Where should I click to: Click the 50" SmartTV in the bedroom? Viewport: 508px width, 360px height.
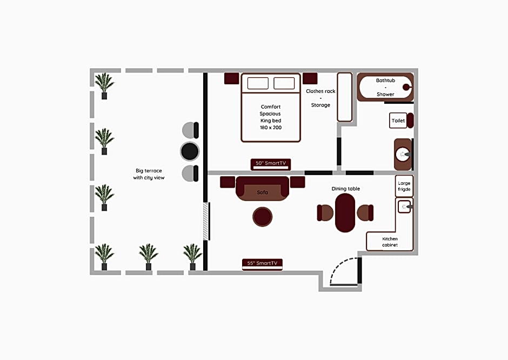click(x=271, y=164)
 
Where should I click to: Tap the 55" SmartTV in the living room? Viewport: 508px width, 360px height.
click(x=262, y=264)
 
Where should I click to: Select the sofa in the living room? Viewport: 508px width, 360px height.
click(x=262, y=189)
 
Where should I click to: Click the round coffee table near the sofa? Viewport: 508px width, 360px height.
click(x=263, y=217)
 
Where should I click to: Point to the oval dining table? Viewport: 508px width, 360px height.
click(x=345, y=213)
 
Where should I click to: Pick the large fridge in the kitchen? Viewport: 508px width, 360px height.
click(x=404, y=186)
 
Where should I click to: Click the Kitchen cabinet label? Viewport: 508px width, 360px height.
click(x=390, y=242)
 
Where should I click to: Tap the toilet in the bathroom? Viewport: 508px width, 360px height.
click(x=401, y=121)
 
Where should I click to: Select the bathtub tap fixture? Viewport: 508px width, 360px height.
click(x=407, y=87)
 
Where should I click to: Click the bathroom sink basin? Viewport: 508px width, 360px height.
click(x=403, y=155)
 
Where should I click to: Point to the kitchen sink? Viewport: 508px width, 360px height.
click(x=404, y=206)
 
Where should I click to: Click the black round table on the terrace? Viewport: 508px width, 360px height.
click(x=190, y=151)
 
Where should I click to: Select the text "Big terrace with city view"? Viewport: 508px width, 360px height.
click(x=149, y=174)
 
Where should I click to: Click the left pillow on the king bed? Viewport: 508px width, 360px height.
click(x=258, y=83)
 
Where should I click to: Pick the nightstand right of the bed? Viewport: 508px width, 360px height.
click(x=310, y=78)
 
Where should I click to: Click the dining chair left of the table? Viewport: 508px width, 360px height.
click(x=325, y=213)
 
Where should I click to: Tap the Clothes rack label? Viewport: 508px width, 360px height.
click(x=320, y=91)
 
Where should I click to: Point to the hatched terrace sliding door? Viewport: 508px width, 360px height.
click(x=205, y=221)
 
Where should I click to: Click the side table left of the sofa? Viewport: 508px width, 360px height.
click(x=228, y=182)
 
